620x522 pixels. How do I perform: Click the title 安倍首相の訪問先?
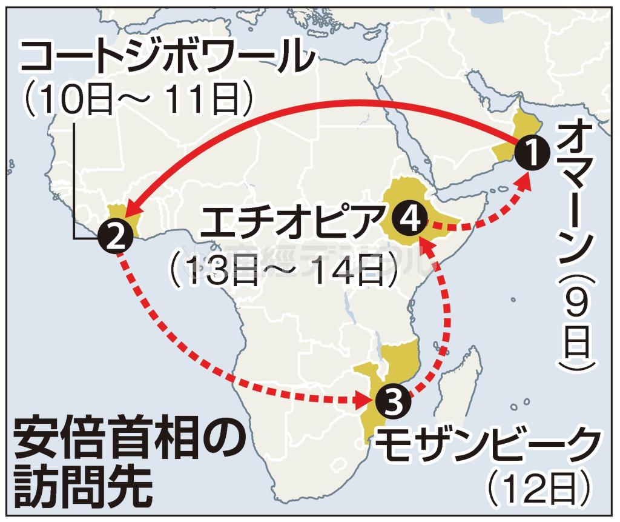[x=118, y=461]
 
